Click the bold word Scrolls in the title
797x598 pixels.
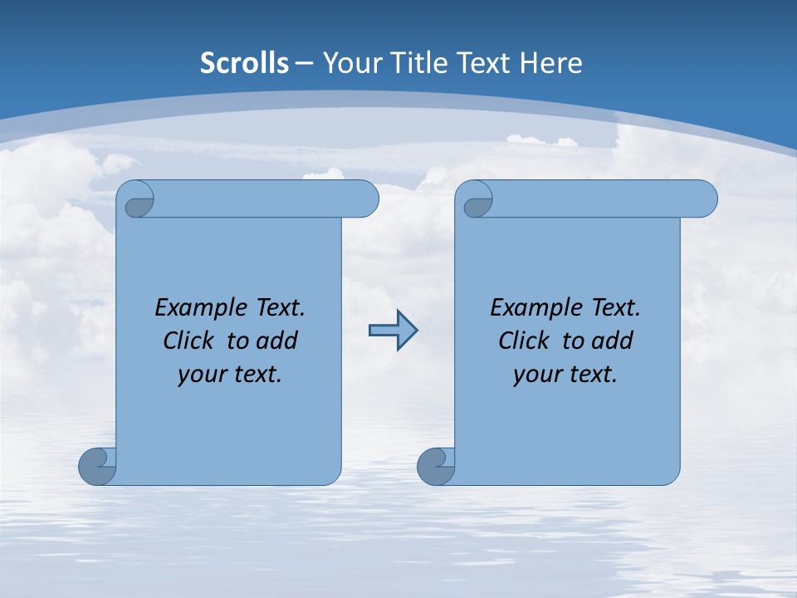(x=245, y=63)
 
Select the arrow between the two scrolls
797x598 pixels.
(x=393, y=331)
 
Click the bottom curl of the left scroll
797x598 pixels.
(x=96, y=466)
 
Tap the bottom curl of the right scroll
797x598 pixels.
(x=435, y=466)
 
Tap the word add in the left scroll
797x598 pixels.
(x=276, y=341)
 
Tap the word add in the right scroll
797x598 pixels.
(x=612, y=341)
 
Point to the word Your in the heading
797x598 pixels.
(x=350, y=63)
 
